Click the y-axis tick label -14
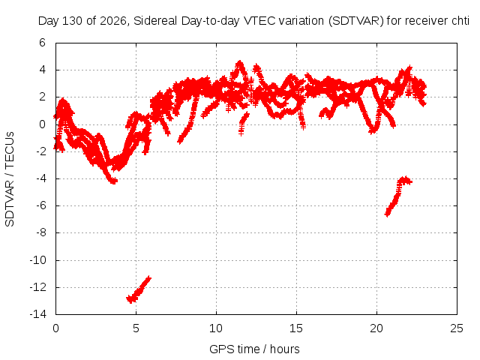pyautogui.click(x=38, y=314)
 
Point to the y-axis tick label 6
pyautogui.click(x=42, y=43)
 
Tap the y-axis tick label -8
pyautogui.click(x=41, y=232)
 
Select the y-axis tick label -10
pyautogui.click(x=38, y=260)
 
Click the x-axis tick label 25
pyautogui.click(x=457, y=328)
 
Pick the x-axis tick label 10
pyautogui.click(x=216, y=328)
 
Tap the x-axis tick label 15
pyautogui.click(x=296, y=328)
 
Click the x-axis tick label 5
pyautogui.click(x=136, y=328)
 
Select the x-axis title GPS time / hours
pyautogui.click(x=254, y=349)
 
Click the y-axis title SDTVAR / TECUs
pyautogui.click(x=10, y=179)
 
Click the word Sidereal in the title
pyautogui.click(x=155, y=21)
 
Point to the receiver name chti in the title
pyautogui.click(x=460, y=21)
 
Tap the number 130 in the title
pyautogui.click(x=73, y=21)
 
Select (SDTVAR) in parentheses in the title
pyautogui.click(x=356, y=21)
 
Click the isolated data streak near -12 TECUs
pyautogui.click(x=138, y=290)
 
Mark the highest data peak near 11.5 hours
pyautogui.click(x=239, y=63)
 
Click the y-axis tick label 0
pyautogui.click(x=42, y=124)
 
